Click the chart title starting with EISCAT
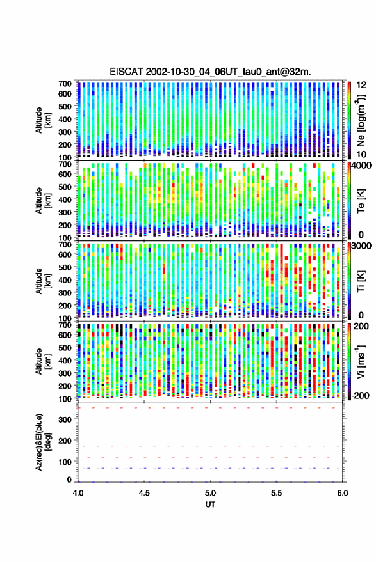(x=211, y=72)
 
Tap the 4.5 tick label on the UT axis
(x=144, y=493)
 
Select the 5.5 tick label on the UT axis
(x=277, y=493)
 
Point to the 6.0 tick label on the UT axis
(x=342, y=493)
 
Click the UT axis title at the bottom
(x=210, y=504)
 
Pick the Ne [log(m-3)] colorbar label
(x=360, y=120)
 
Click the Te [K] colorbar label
(x=361, y=201)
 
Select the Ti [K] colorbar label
(x=361, y=281)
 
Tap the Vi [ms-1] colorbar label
(x=360, y=361)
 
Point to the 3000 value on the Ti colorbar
(x=362, y=246)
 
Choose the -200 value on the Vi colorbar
(x=361, y=395)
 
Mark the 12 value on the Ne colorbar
(x=361, y=85)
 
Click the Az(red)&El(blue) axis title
(x=43, y=442)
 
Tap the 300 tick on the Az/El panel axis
(x=65, y=419)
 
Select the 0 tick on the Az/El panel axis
(x=69, y=480)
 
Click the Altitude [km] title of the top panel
(x=43, y=120)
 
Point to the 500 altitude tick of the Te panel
(x=65, y=187)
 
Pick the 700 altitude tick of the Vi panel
(x=65, y=325)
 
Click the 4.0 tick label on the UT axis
(x=78, y=493)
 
